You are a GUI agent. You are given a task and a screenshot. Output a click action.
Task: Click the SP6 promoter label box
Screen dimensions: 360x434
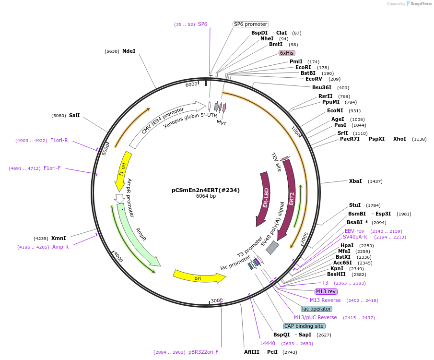(251, 24)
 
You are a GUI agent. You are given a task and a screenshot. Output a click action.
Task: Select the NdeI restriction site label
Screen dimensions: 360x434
(129, 51)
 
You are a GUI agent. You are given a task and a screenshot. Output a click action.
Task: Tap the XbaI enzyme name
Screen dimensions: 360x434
(355, 181)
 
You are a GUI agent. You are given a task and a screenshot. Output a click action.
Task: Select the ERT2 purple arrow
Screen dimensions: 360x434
(290, 197)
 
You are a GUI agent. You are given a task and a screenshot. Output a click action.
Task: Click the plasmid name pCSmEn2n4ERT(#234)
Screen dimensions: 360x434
(206, 190)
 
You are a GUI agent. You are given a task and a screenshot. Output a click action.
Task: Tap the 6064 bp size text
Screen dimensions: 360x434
(206, 196)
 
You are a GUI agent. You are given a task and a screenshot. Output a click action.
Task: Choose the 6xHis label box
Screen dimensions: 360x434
(287, 53)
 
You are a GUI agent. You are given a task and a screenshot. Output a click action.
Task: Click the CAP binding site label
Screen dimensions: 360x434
(304, 326)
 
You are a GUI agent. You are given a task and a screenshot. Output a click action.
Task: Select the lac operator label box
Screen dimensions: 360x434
(317, 309)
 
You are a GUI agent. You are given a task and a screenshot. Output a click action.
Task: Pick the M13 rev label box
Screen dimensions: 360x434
(326, 291)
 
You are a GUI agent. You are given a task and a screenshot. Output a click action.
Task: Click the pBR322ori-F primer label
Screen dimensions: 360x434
(203, 352)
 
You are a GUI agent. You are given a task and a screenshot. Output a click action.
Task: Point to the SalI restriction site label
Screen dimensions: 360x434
(74, 115)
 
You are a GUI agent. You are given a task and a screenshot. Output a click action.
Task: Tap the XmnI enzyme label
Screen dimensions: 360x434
(59, 238)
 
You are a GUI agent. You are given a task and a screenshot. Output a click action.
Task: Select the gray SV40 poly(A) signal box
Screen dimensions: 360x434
(272, 248)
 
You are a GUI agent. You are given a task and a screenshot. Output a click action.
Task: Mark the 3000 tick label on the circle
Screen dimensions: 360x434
(217, 300)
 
